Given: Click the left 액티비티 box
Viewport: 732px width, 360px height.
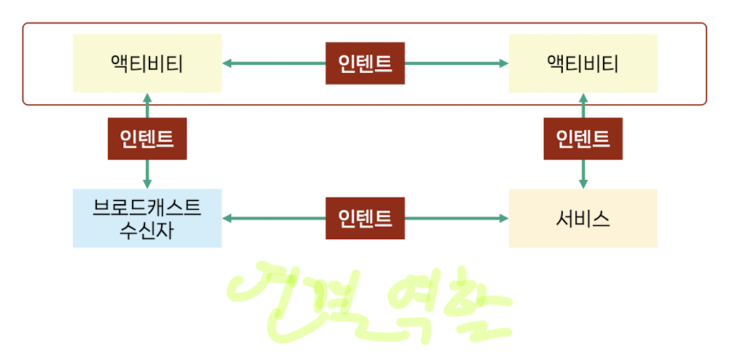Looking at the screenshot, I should [147, 63].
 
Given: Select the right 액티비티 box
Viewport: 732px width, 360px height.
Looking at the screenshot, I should [583, 63].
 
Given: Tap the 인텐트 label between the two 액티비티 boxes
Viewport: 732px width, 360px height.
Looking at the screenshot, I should [365, 63].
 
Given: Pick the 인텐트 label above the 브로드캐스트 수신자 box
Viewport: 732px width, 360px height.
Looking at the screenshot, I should [147, 138].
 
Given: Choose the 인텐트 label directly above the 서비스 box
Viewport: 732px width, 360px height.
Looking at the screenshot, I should [583, 138].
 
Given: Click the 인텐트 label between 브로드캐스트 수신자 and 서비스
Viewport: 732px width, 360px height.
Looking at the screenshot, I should [365, 218].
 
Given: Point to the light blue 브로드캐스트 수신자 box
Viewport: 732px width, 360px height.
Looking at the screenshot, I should [147, 218].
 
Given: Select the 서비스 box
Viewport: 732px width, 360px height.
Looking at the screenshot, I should [583, 218].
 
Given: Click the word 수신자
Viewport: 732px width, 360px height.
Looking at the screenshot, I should [147, 231].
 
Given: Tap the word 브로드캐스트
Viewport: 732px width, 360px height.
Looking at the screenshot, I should [147, 206].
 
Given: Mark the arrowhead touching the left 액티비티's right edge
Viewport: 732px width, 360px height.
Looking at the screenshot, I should [227, 63].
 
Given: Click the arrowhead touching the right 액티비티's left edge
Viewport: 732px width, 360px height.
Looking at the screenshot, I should [503, 63].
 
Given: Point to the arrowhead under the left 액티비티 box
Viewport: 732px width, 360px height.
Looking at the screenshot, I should [147, 98].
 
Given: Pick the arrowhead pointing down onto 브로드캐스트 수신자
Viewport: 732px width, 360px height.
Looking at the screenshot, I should [147, 184].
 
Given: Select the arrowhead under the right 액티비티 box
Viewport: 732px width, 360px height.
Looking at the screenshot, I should [583, 98].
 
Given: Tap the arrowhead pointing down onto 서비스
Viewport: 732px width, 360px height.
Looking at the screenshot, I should [583, 184].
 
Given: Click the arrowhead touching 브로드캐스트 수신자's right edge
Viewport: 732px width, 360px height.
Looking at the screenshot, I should [227, 218].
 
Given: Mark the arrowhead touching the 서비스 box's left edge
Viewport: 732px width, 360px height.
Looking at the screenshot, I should [503, 218].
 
